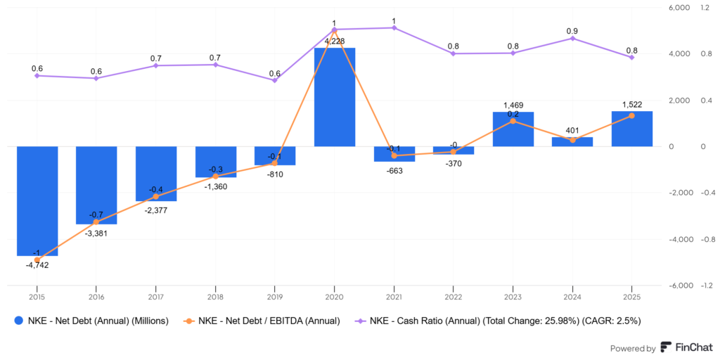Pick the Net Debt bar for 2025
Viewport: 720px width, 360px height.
pyautogui.click(x=631, y=129)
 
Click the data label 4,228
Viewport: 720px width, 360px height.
pyautogui.click(x=334, y=41)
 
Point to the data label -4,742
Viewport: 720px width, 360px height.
pyautogui.click(x=37, y=265)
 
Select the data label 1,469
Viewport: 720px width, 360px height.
pyautogui.click(x=513, y=105)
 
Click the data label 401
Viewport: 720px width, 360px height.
pyautogui.click(x=572, y=130)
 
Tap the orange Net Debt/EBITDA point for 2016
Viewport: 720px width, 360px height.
pyautogui.click(x=96, y=222)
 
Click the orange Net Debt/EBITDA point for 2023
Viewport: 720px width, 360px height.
pyautogui.click(x=513, y=121)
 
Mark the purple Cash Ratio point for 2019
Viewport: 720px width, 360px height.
pyautogui.click(x=274, y=80)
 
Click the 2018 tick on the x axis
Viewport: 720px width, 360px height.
pyautogui.click(x=215, y=297)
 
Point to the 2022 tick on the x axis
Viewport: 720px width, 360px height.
pyautogui.click(x=453, y=297)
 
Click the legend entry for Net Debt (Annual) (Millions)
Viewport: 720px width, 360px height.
pyautogui.click(x=98, y=321)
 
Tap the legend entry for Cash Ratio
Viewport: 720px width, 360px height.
pyautogui.click(x=506, y=321)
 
